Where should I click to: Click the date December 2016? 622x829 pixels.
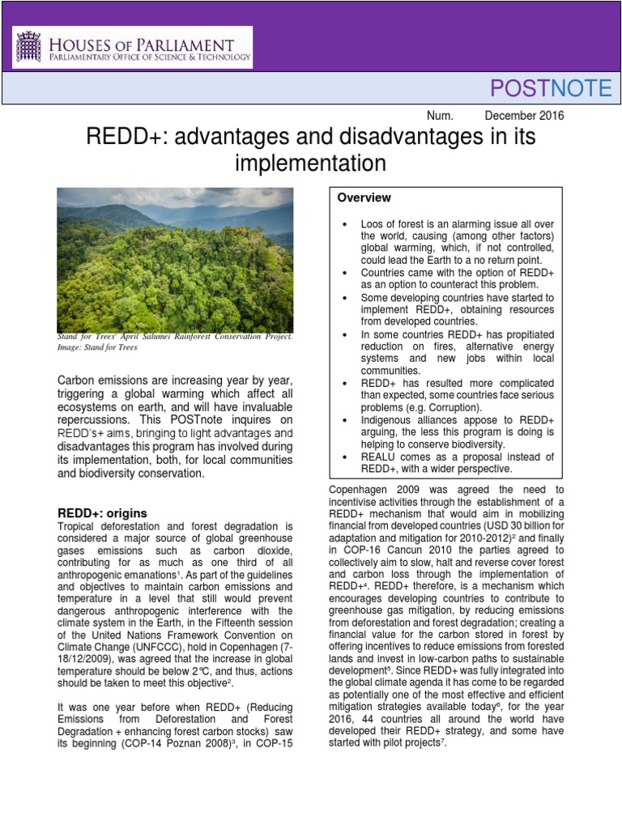pyautogui.click(x=524, y=115)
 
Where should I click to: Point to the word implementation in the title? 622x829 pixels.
pyautogui.click(x=310, y=164)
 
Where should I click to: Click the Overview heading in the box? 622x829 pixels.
pyautogui.click(x=364, y=198)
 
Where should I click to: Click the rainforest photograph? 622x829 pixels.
pyautogui.click(x=175, y=259)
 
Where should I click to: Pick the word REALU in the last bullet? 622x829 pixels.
pyautogui.click(x=381, y=457)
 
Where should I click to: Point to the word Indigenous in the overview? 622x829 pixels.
pyautogui.click(x=392, y=420)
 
